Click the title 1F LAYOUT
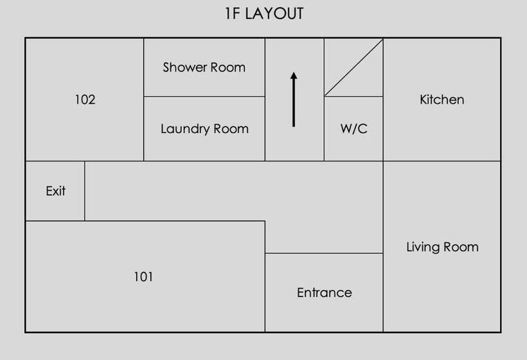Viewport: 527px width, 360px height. (x=264, y=14)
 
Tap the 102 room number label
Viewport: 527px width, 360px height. (x=85, y=100)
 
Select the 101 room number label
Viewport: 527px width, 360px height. (x=143, y=277)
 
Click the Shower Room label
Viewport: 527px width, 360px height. (x=204, y=67)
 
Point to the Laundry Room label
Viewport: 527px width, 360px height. (x=204, y=129)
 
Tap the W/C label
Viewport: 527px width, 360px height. (x=353, y=129)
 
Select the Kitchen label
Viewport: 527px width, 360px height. (x=442, y=100)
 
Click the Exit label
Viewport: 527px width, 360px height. (x=56, y=191)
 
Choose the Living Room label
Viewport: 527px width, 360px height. (x=442, y=248)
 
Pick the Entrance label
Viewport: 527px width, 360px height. (x=324, y=293)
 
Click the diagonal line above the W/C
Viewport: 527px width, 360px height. (x=353, y=67)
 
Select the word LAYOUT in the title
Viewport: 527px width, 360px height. (x=274, y=14)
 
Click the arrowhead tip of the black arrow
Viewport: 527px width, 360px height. (x=294, y=73)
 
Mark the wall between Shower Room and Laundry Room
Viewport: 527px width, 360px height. (x=204, y=96)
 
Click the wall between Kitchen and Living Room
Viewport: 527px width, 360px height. (x=442, y=161)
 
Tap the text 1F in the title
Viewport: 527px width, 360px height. (x=233, y=14)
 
